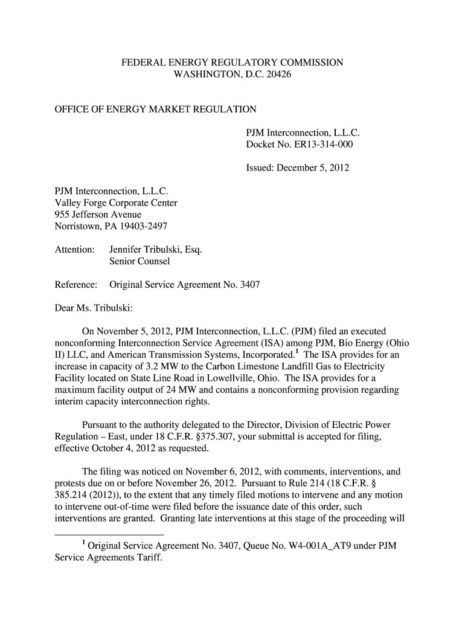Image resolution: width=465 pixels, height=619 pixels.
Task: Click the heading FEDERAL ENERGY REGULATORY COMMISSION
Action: (x=232, y=63)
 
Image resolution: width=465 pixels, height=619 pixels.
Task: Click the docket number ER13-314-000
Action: (x=323, y=144)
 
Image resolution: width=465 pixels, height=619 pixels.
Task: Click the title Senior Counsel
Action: (x=139, y=261)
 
